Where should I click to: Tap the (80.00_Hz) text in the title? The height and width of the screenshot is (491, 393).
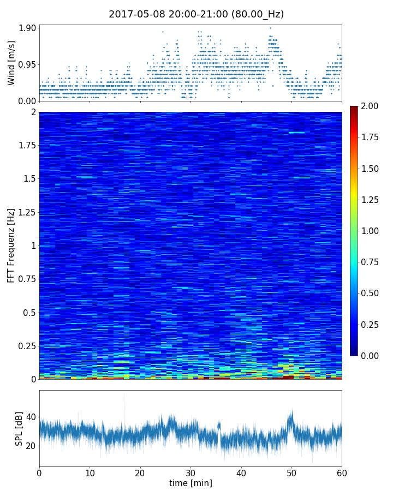tap(258, 15)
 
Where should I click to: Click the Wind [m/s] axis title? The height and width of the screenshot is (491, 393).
tap(11, 63)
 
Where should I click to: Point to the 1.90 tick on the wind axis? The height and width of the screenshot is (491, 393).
tap(27, 28)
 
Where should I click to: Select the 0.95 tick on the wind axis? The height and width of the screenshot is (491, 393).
tap(27, 64)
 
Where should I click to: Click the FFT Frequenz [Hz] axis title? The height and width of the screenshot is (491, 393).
tap(11, 245)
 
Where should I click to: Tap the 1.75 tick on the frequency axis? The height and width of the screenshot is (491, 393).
tap(26, 146)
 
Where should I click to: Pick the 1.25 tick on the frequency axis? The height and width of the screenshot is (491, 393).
tap(26, 212)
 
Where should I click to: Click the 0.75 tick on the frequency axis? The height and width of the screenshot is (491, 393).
tap(26, 279)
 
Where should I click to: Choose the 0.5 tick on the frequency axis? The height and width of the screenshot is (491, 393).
tap(29, 313)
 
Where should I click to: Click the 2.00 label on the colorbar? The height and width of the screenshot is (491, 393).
tap(371, 106)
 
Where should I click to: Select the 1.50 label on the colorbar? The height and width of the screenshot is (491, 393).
tap(371, 169)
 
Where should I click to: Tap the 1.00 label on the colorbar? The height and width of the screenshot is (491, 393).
tap(371, 231)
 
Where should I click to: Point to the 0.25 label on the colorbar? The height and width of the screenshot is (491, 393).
tap(371, 325)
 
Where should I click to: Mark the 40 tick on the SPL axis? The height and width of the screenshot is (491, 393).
tap(30, 417)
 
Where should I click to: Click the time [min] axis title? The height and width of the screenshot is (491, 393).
tap(190, 483)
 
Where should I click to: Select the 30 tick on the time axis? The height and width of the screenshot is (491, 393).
tap(190, 471)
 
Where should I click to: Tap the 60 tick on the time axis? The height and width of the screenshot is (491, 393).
tap(342, 471)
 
